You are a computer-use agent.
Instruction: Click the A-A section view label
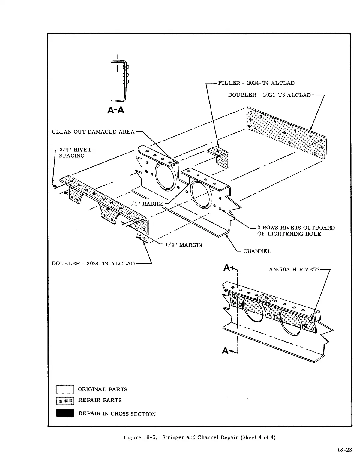(x=115, y=110)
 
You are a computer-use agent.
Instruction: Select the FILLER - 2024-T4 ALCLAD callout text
(x=256, y=83)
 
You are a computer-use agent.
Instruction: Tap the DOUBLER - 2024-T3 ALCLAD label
(x=269, y=95)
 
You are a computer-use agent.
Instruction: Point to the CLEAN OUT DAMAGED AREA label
(x=93, y=132)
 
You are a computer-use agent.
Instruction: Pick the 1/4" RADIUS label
(x=146, y=204)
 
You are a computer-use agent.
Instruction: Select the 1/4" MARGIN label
(x=184, y=245)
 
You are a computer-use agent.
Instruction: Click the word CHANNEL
(x=257, y=251)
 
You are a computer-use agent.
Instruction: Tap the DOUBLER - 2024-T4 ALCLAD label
(x=93, y=264)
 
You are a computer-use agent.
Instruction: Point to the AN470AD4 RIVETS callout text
(x=294, y=269)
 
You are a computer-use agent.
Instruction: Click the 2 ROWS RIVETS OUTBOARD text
(x=296, y=228)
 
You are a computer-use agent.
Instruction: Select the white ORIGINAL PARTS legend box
(x=65, y=389)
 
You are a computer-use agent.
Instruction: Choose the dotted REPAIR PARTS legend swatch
(x=65, y=401)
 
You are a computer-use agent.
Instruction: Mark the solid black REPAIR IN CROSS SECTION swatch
(x=65, y=413)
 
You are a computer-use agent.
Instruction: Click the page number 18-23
(x=344, y=450)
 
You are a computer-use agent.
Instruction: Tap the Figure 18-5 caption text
(x=199, y=437)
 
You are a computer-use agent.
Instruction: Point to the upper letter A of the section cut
(x=227, y=267)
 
